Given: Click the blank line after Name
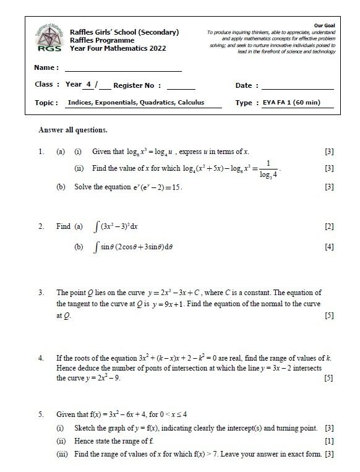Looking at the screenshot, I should (123, 71).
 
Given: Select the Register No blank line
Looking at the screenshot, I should (181, 89).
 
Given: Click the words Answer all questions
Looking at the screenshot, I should (73, 130).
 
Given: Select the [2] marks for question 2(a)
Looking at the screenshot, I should (329, 226).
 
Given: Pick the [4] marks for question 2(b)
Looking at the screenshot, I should (329, 247).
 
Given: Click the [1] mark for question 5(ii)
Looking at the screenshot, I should (329, 440).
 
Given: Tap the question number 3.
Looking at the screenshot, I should (41, 293).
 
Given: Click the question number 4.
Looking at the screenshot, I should (41, 358).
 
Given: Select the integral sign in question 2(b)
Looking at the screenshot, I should (96, 247).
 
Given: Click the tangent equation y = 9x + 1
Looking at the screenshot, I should (182, 304).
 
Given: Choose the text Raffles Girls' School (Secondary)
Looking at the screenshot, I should (124, 32).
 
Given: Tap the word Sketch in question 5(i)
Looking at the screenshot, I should (85, 429).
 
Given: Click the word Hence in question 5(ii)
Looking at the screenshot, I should (84, 440).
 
